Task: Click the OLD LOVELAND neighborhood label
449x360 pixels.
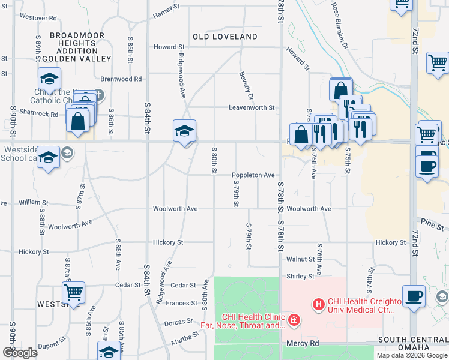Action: (x=225, y=37)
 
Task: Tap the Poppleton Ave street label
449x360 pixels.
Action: (x=253, y=175)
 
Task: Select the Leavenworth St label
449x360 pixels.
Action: (x=251, y=108)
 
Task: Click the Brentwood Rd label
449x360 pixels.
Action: (x=121, y=79)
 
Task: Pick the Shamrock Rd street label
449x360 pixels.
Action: (x=38, y=114)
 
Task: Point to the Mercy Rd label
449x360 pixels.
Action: (x=301, y=344)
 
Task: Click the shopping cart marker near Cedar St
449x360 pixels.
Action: (x=73, y=293)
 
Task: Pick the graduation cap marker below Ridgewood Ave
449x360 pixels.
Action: (x=184, y=131)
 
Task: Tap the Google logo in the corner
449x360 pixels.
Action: (x=20, y=353)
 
